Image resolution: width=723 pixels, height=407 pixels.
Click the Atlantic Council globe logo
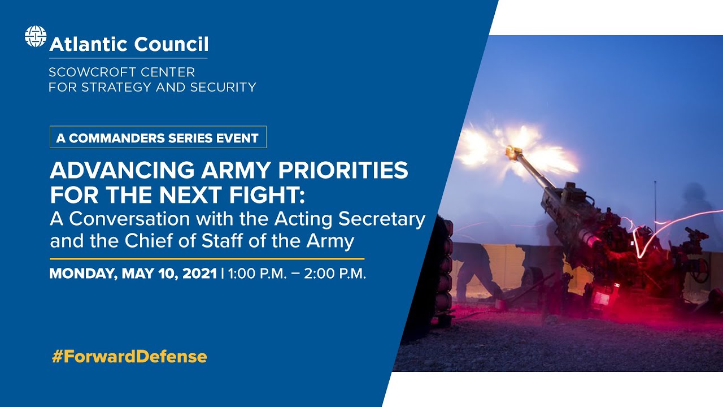click(35, 37)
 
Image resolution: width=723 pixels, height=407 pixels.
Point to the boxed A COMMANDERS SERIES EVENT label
click(158, 137)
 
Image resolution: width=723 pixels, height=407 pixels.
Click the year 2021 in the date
click(200, 274)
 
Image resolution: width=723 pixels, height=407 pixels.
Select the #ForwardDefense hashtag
click(129, 357)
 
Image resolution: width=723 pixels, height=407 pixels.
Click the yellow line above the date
click(207, 258)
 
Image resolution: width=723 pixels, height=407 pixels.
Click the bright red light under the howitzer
click(601, 299)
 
